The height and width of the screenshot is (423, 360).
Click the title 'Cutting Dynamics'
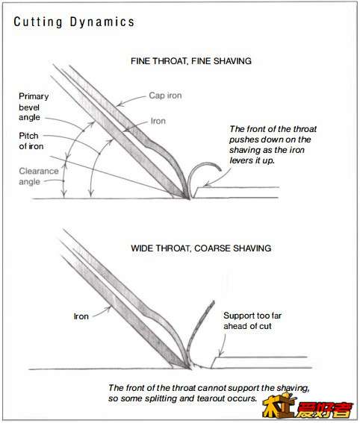pyautogui.click(x=74, y=22)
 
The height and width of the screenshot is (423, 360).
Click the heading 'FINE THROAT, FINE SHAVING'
pyautogui.click(x=191, y=61)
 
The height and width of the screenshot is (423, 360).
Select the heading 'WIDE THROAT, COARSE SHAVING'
pyautogui.click(x=201, y=248)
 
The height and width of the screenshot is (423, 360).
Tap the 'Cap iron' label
pyautogui.click(x=165, y=95)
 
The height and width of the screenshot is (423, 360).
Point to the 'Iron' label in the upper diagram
pyautogui.click(x=158, y=121)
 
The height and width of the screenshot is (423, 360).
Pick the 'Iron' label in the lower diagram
pyautogui.click(x=81, y=316)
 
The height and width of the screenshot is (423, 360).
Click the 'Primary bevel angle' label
pyautogui.click(x=34, y=107)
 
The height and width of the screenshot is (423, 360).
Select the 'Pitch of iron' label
pyautogui.click(x=31, y=141)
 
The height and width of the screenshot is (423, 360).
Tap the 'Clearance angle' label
pyautogui.click(x=39, y=176)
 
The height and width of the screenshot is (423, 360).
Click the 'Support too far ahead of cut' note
pyautogui.click(x=252, y=321)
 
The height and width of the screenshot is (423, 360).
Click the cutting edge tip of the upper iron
pyautogui.click(x=189, y=199)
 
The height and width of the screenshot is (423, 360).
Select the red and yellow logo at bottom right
pyautogui.click(x=308, y=405)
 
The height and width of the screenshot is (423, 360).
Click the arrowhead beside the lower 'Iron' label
pyautogui.click(x=108, y=309)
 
